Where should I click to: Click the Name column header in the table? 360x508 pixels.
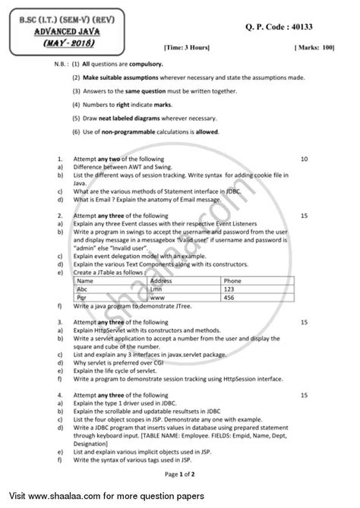87,280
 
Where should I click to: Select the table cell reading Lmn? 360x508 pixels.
159,289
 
